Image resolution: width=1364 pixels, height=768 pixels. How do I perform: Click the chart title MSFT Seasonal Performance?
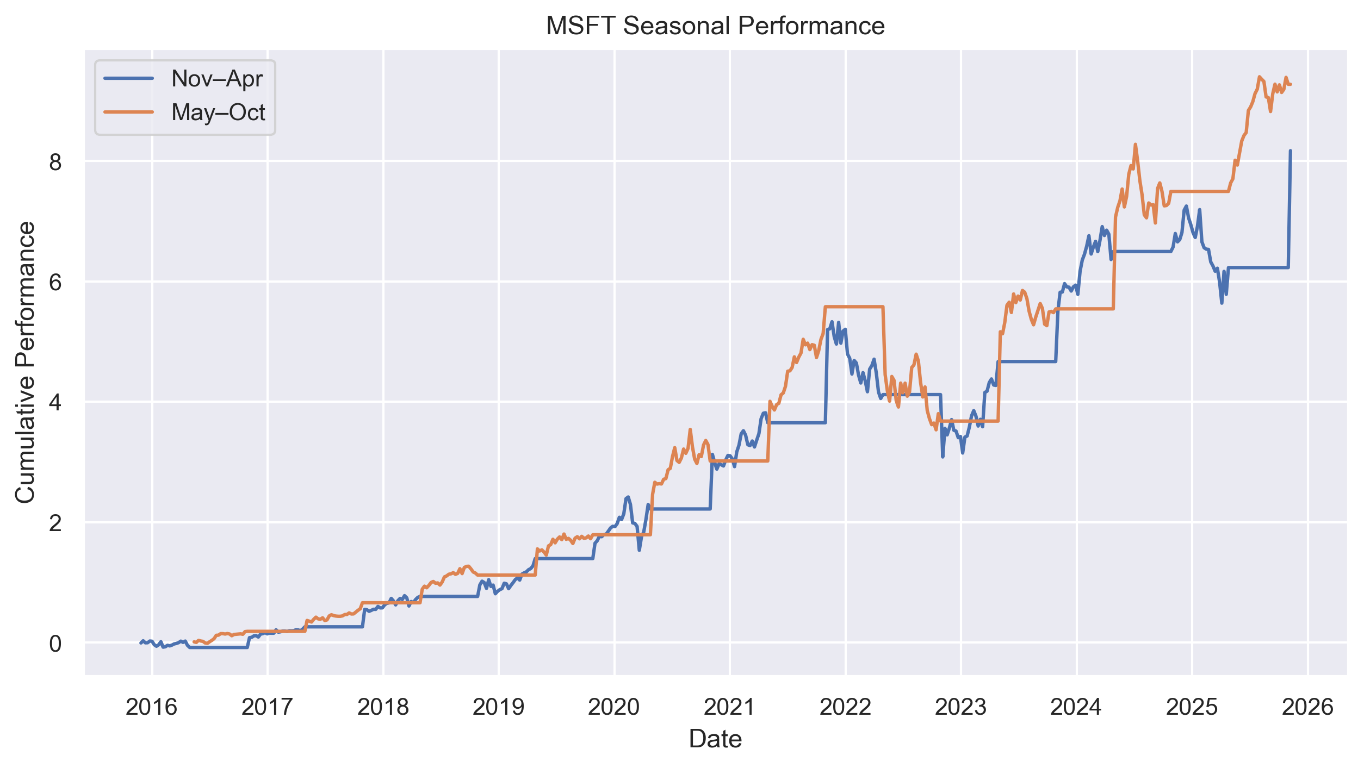pyautogui.click(x=715, y=26)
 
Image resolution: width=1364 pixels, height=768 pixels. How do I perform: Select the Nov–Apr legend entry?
pyautogui.click(x=216, y=79)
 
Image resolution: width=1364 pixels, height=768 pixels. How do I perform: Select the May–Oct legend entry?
pyautogui.click(x=218, y=113)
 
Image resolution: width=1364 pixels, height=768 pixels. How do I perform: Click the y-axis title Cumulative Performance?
pyautogui.click(x=25, y=363)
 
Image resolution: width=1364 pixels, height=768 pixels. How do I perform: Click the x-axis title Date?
pyautogui.click(x=715, y=739)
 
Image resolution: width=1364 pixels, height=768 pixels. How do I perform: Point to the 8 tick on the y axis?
pyautogui.click(x=55, y=162)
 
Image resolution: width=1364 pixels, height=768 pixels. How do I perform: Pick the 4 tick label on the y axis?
pyautogui.click(x=55, y=403)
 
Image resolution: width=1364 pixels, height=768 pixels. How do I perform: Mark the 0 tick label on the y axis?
pyautogui.click(x=55, y=644)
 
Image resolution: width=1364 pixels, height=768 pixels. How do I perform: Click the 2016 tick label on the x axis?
pyautogui.click(x=152, y=707)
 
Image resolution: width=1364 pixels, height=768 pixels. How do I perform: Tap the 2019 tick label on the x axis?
pyautogui.click(x=498, y=707)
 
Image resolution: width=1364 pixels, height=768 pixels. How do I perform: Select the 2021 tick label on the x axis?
pyautogui.click(x=730, y=707)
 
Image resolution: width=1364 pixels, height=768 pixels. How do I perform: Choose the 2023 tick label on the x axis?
pyautogui.click(x=960, y=707)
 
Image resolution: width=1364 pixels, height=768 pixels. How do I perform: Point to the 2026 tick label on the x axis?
pyautogui.click(x=1307, y=707)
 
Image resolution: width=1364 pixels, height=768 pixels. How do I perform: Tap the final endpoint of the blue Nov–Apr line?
pyautogui.click(x=1291, y=151)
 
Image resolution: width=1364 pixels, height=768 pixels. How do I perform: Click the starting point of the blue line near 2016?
pyautogui.click(x=140, y=643)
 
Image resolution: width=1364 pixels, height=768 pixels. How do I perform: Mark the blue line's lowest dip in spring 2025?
pyautogui.click(x=1222, y=303)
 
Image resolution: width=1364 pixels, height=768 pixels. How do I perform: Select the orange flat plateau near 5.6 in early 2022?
pyautogui.click(x=854, y=307)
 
